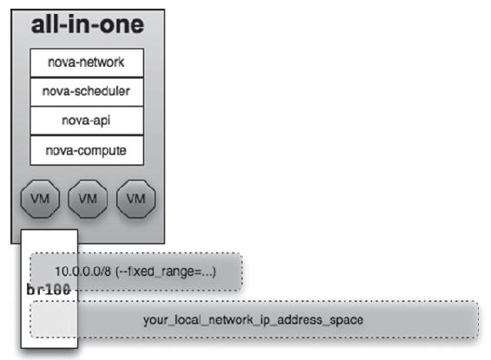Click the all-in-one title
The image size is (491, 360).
[88, 24]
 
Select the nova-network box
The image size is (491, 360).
[87, 62]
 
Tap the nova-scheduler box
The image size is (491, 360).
[87, 92]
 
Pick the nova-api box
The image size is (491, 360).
[87, 121]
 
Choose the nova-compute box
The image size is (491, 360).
[87, 150]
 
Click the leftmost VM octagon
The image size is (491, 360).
[40, 199]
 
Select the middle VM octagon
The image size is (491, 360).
[88, 199]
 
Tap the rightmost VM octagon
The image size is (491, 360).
[136, 199]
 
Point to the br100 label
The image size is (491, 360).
[49, 290]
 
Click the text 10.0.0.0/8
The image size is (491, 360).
[83, 272]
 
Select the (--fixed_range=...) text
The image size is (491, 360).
[166, 272]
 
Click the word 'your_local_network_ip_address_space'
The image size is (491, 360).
[253, 320]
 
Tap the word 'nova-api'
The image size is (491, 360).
[86, 121]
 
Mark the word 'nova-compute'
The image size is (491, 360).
[86, 151]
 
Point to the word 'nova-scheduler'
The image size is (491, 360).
[86, 91]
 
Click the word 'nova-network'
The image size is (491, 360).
[86, 62]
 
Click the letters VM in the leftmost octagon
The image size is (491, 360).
[40, 199]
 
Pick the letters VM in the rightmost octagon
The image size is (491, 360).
[136, 199]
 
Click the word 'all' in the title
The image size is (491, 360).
[44, 24]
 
